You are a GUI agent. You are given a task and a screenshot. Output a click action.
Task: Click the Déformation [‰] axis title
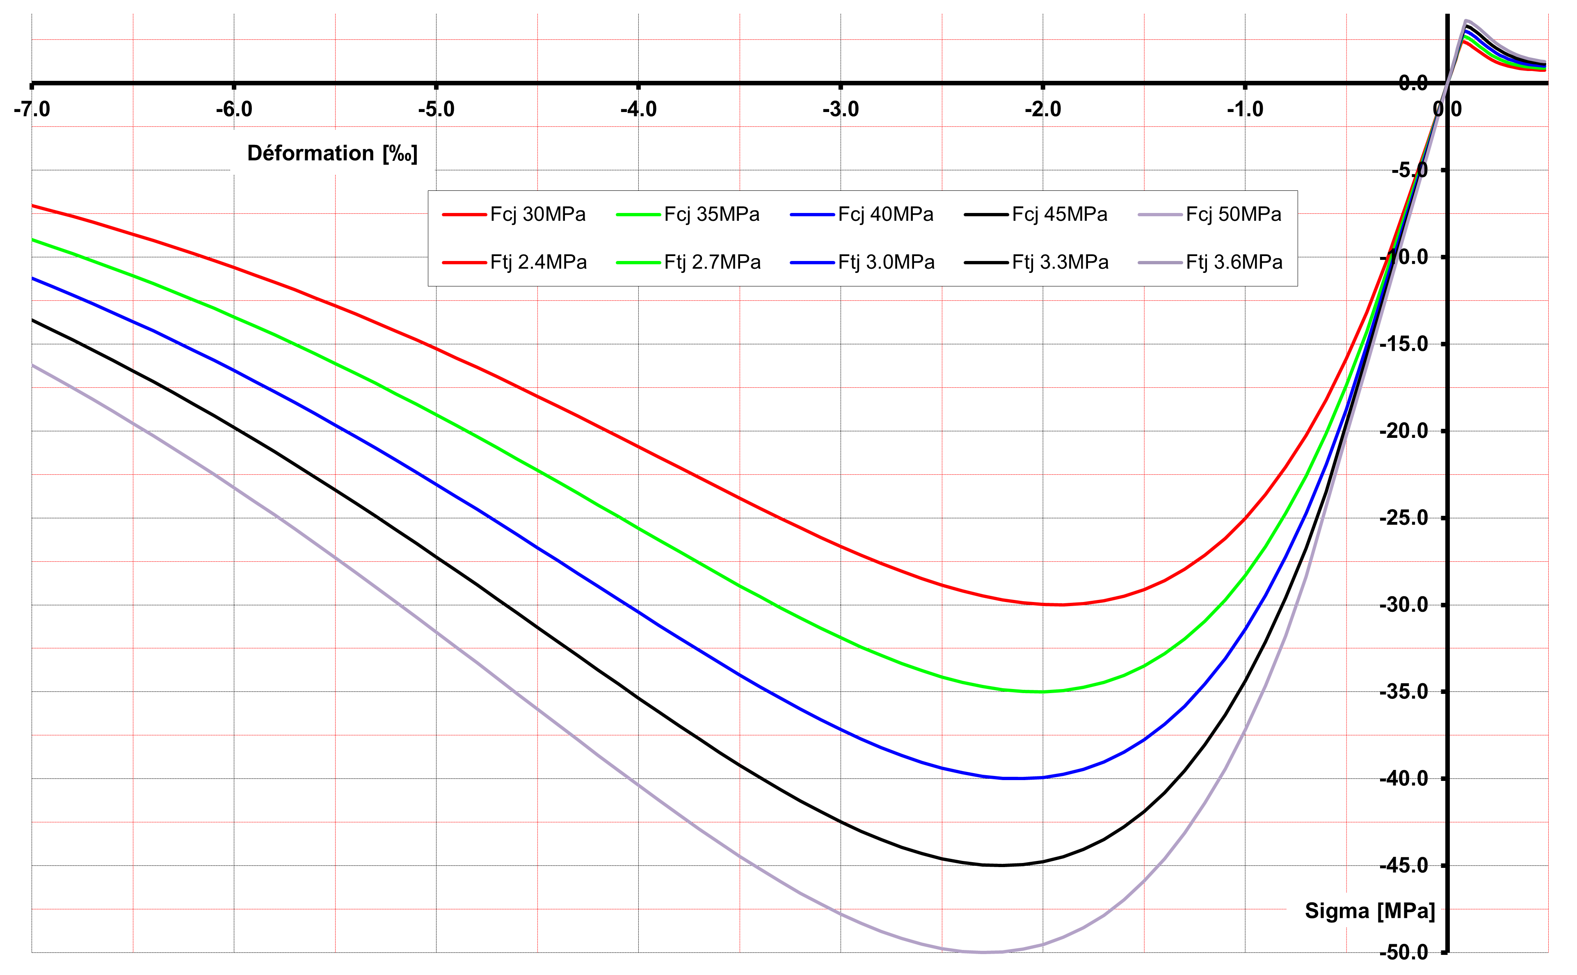pos(332,153)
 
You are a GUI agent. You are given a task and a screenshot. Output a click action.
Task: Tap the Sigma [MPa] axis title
pos(1369,911)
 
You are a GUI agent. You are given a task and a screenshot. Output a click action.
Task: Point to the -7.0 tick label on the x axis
pos(32,110)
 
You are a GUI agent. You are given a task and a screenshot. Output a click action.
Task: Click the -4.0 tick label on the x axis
pos(638,110)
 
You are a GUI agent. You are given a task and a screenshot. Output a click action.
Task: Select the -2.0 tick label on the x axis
pos(1042,110)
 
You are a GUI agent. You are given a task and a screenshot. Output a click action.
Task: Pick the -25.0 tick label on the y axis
pos(1403,518)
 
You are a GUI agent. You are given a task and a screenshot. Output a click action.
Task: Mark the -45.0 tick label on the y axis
pos(1403,865)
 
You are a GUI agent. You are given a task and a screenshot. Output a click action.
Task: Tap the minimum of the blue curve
pos(1012,778)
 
